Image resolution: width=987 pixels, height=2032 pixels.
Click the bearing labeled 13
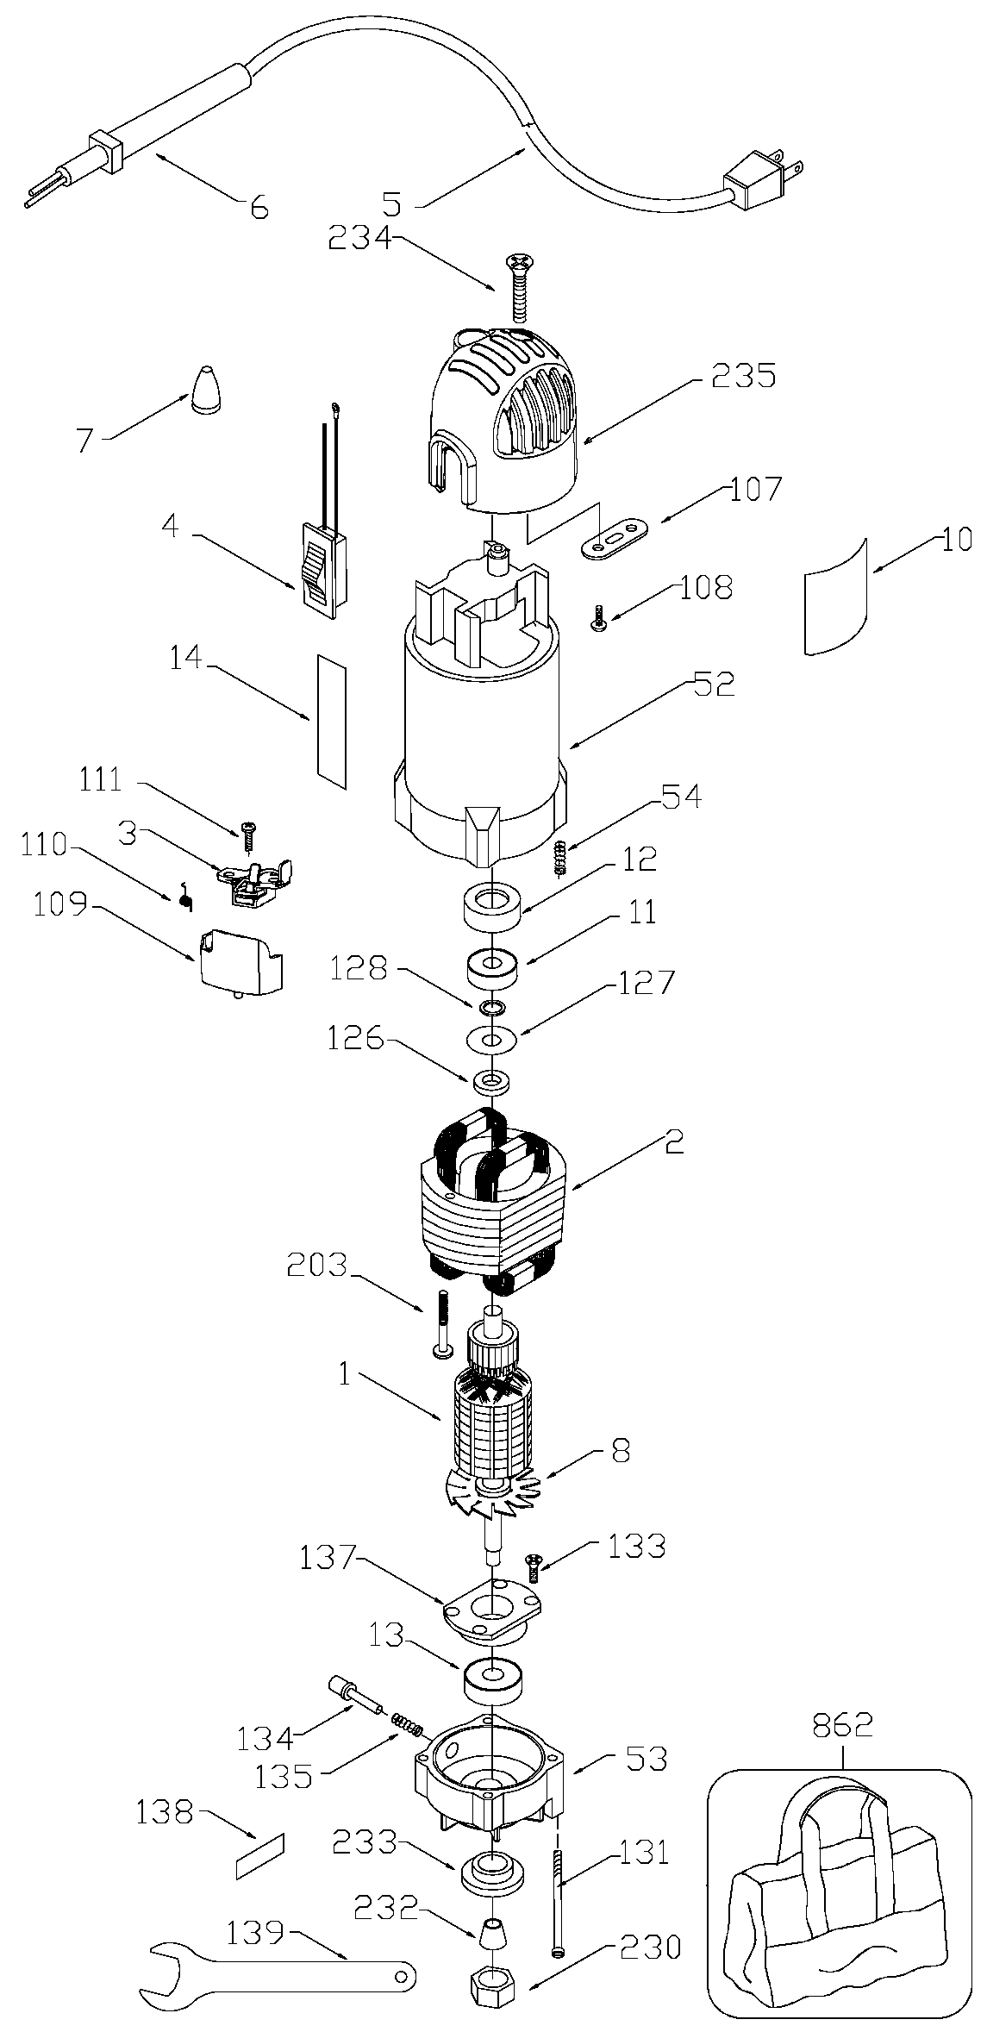(x=492, y=1683)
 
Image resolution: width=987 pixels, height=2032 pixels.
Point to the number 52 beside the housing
(x=712, y=684)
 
